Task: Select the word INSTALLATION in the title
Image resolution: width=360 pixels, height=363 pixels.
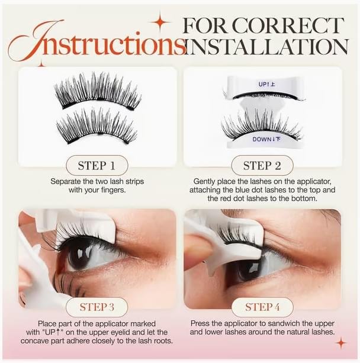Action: point(267,47)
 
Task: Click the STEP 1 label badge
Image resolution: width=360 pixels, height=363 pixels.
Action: point(97,166)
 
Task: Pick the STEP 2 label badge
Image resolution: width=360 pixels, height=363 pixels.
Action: point(262,166)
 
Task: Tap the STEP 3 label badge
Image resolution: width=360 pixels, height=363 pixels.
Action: point(97,307)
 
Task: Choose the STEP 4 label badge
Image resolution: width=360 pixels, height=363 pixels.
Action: point(262,307)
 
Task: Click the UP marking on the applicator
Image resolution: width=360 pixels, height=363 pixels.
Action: point(266,84)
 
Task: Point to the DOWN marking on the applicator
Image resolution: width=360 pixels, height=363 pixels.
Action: point(266,139)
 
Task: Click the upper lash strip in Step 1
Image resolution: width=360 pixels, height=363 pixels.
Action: point(97,91)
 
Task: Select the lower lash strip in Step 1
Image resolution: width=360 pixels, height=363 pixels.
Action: point(97,126)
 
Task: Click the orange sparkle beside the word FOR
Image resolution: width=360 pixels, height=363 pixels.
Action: point(160,23)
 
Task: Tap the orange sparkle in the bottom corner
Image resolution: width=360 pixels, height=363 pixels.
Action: point(341,343)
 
